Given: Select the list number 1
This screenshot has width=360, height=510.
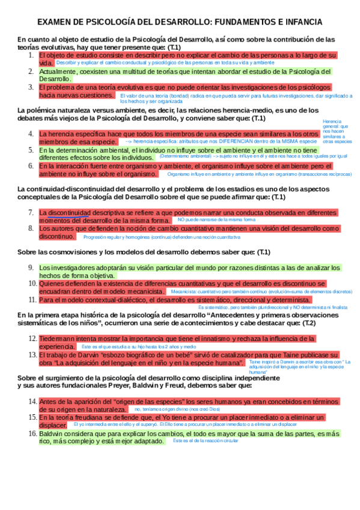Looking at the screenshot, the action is (32, 55).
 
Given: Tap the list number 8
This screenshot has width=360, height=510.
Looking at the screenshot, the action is (32, 229).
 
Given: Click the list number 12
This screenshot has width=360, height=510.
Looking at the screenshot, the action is (32, 339).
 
